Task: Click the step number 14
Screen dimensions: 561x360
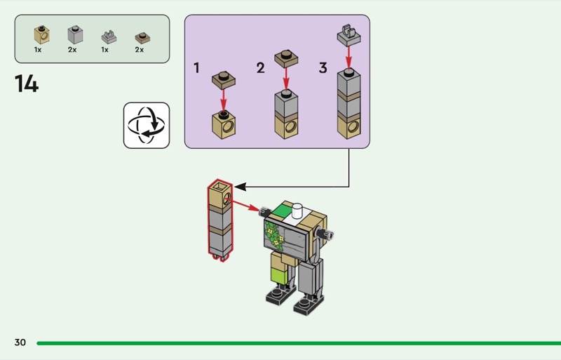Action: click(x=27, y=84)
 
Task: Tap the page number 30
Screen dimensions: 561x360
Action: click(x=20, y=342)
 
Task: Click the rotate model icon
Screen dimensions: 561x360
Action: click(x=147, y=126)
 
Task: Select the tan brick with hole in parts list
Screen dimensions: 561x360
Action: click(x=42, y=35)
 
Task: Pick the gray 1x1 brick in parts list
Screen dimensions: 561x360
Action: click(x=75, y=35)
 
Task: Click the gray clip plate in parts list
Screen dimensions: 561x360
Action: click(x=109, y=37)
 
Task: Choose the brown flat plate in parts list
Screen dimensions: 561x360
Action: click(x=142, y=38)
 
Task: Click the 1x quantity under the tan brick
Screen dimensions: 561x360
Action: click(x=38, y=50)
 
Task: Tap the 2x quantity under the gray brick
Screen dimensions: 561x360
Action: click(x=72, y=50)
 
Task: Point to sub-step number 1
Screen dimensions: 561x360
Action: click(x=196, y=67)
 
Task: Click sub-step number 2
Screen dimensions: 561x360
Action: click(x=260, y=67)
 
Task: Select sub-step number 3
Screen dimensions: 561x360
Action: click(x=323, y=67)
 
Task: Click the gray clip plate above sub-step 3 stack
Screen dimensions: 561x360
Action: click(x=349, y=35)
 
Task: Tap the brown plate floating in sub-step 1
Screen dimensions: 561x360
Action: click(x=224, y=80)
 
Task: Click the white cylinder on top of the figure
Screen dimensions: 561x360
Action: click(x=297, y=211)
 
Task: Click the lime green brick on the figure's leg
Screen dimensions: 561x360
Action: click(x=279, y=276)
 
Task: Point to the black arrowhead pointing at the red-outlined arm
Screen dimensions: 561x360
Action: click(x=240, y=187)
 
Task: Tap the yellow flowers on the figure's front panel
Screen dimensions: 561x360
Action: click(x=276, y=237)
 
